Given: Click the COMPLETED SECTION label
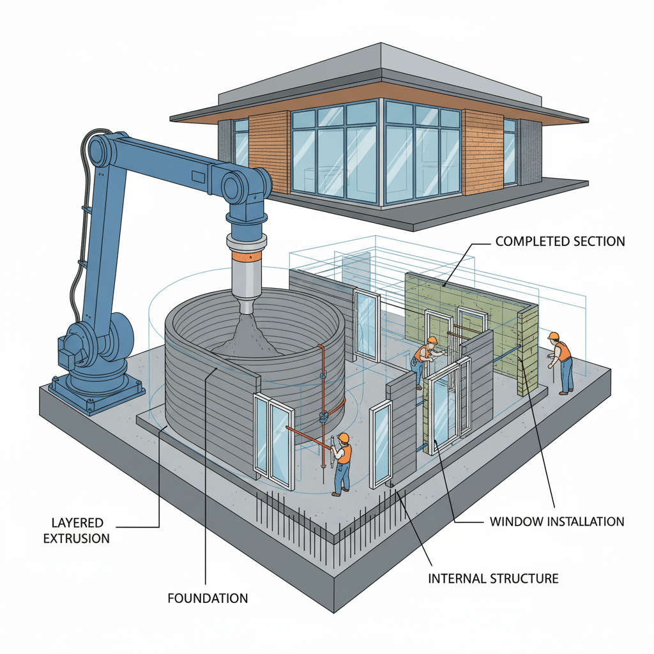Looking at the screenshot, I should (560, 242).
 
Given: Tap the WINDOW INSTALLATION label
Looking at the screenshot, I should (556, 521).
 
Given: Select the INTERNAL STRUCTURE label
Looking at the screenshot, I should (493, 579).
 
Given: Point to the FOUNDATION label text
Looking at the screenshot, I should (208, 598).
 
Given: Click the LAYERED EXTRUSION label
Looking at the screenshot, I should (76, 529).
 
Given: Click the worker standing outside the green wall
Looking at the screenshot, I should (563, 362).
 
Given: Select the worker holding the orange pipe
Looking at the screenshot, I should (342, 463).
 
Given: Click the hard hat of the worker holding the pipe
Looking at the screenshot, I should (344, 437).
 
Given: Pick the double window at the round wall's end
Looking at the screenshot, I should (273, 440).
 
